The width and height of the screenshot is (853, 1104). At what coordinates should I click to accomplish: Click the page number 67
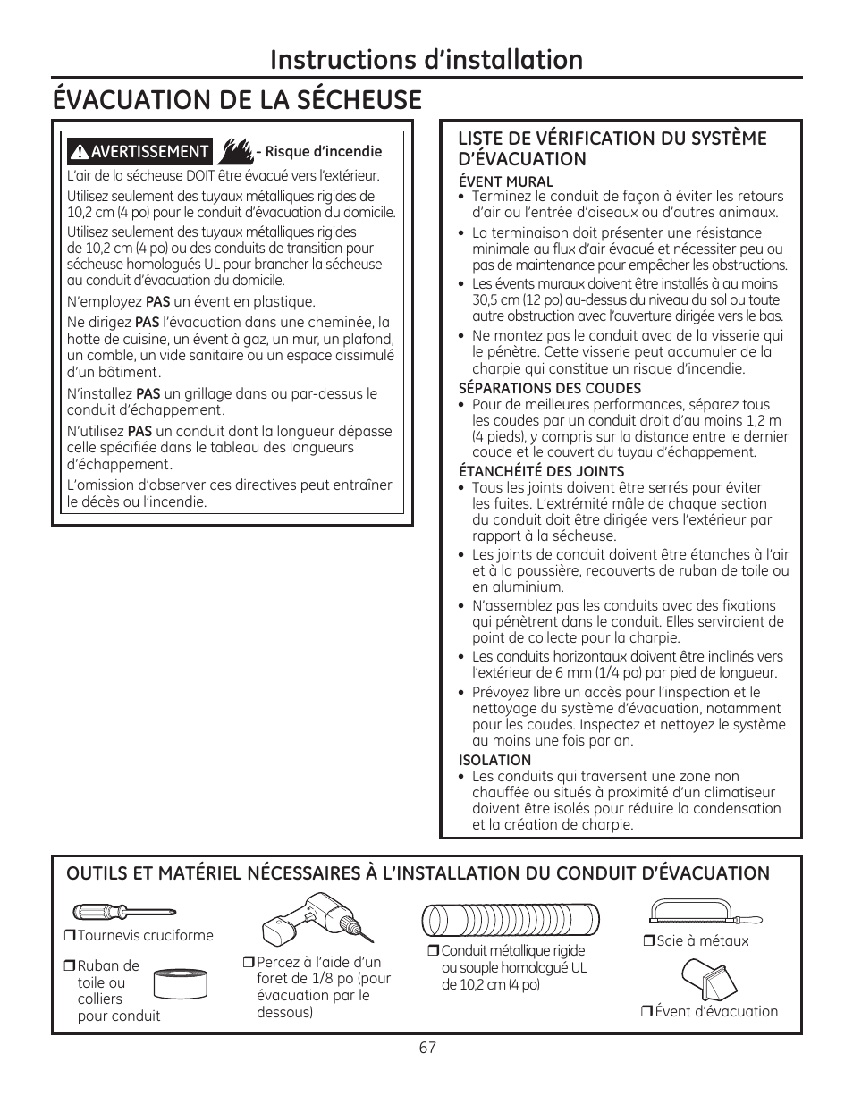click(426, 1048)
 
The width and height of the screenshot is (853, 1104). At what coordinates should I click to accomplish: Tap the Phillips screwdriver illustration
click(111, 913)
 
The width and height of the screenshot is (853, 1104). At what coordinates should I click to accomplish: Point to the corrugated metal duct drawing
click(510, 920)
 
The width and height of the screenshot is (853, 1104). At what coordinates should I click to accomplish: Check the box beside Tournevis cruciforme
click(69, 936)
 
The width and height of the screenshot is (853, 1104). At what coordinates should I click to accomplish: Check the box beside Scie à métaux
click(648, 941)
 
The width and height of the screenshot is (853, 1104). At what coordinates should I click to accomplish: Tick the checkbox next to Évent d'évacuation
click(646, 1012)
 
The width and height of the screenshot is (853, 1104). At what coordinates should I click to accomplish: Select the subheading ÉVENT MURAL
click(494, 181)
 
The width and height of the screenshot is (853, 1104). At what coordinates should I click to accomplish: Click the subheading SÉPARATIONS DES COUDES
click(549, 388)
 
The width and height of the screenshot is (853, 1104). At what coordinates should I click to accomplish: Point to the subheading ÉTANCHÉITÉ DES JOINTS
click(541, 471)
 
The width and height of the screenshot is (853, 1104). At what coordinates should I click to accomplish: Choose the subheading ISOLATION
click(494, 760)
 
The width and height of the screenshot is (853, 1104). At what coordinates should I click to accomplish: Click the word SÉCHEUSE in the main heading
click(353, 99)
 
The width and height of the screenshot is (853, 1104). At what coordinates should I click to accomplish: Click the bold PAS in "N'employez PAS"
click(157, 302)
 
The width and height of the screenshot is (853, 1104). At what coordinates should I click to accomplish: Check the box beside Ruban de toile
click(69, 966)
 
